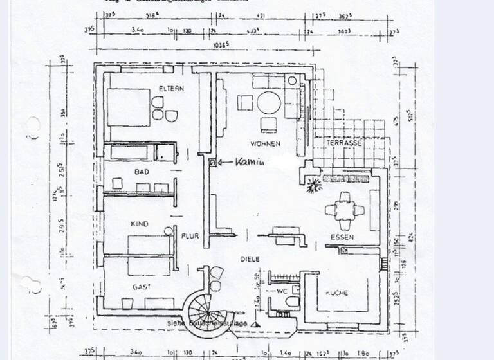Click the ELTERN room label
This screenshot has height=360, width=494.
[172, 89]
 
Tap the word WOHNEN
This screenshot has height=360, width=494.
[266, 144]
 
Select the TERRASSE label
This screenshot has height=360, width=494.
[343, 143]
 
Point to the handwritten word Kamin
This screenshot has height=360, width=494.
[251, 163]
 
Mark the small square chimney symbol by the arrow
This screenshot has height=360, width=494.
[211, 163]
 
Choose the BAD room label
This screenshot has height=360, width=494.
[142, 172]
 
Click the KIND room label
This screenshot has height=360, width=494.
[140, 224]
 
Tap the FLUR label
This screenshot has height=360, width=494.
[190, 236]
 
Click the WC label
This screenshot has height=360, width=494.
[281, 292]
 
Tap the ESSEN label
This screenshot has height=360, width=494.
[342, 237]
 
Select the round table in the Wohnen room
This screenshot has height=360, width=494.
[270, 103]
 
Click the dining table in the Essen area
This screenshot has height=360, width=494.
[345, 210]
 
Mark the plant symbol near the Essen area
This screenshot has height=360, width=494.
[314, 186]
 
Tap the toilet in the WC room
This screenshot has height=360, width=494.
[293, 301]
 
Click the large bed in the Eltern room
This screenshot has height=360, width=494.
[128, 106]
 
